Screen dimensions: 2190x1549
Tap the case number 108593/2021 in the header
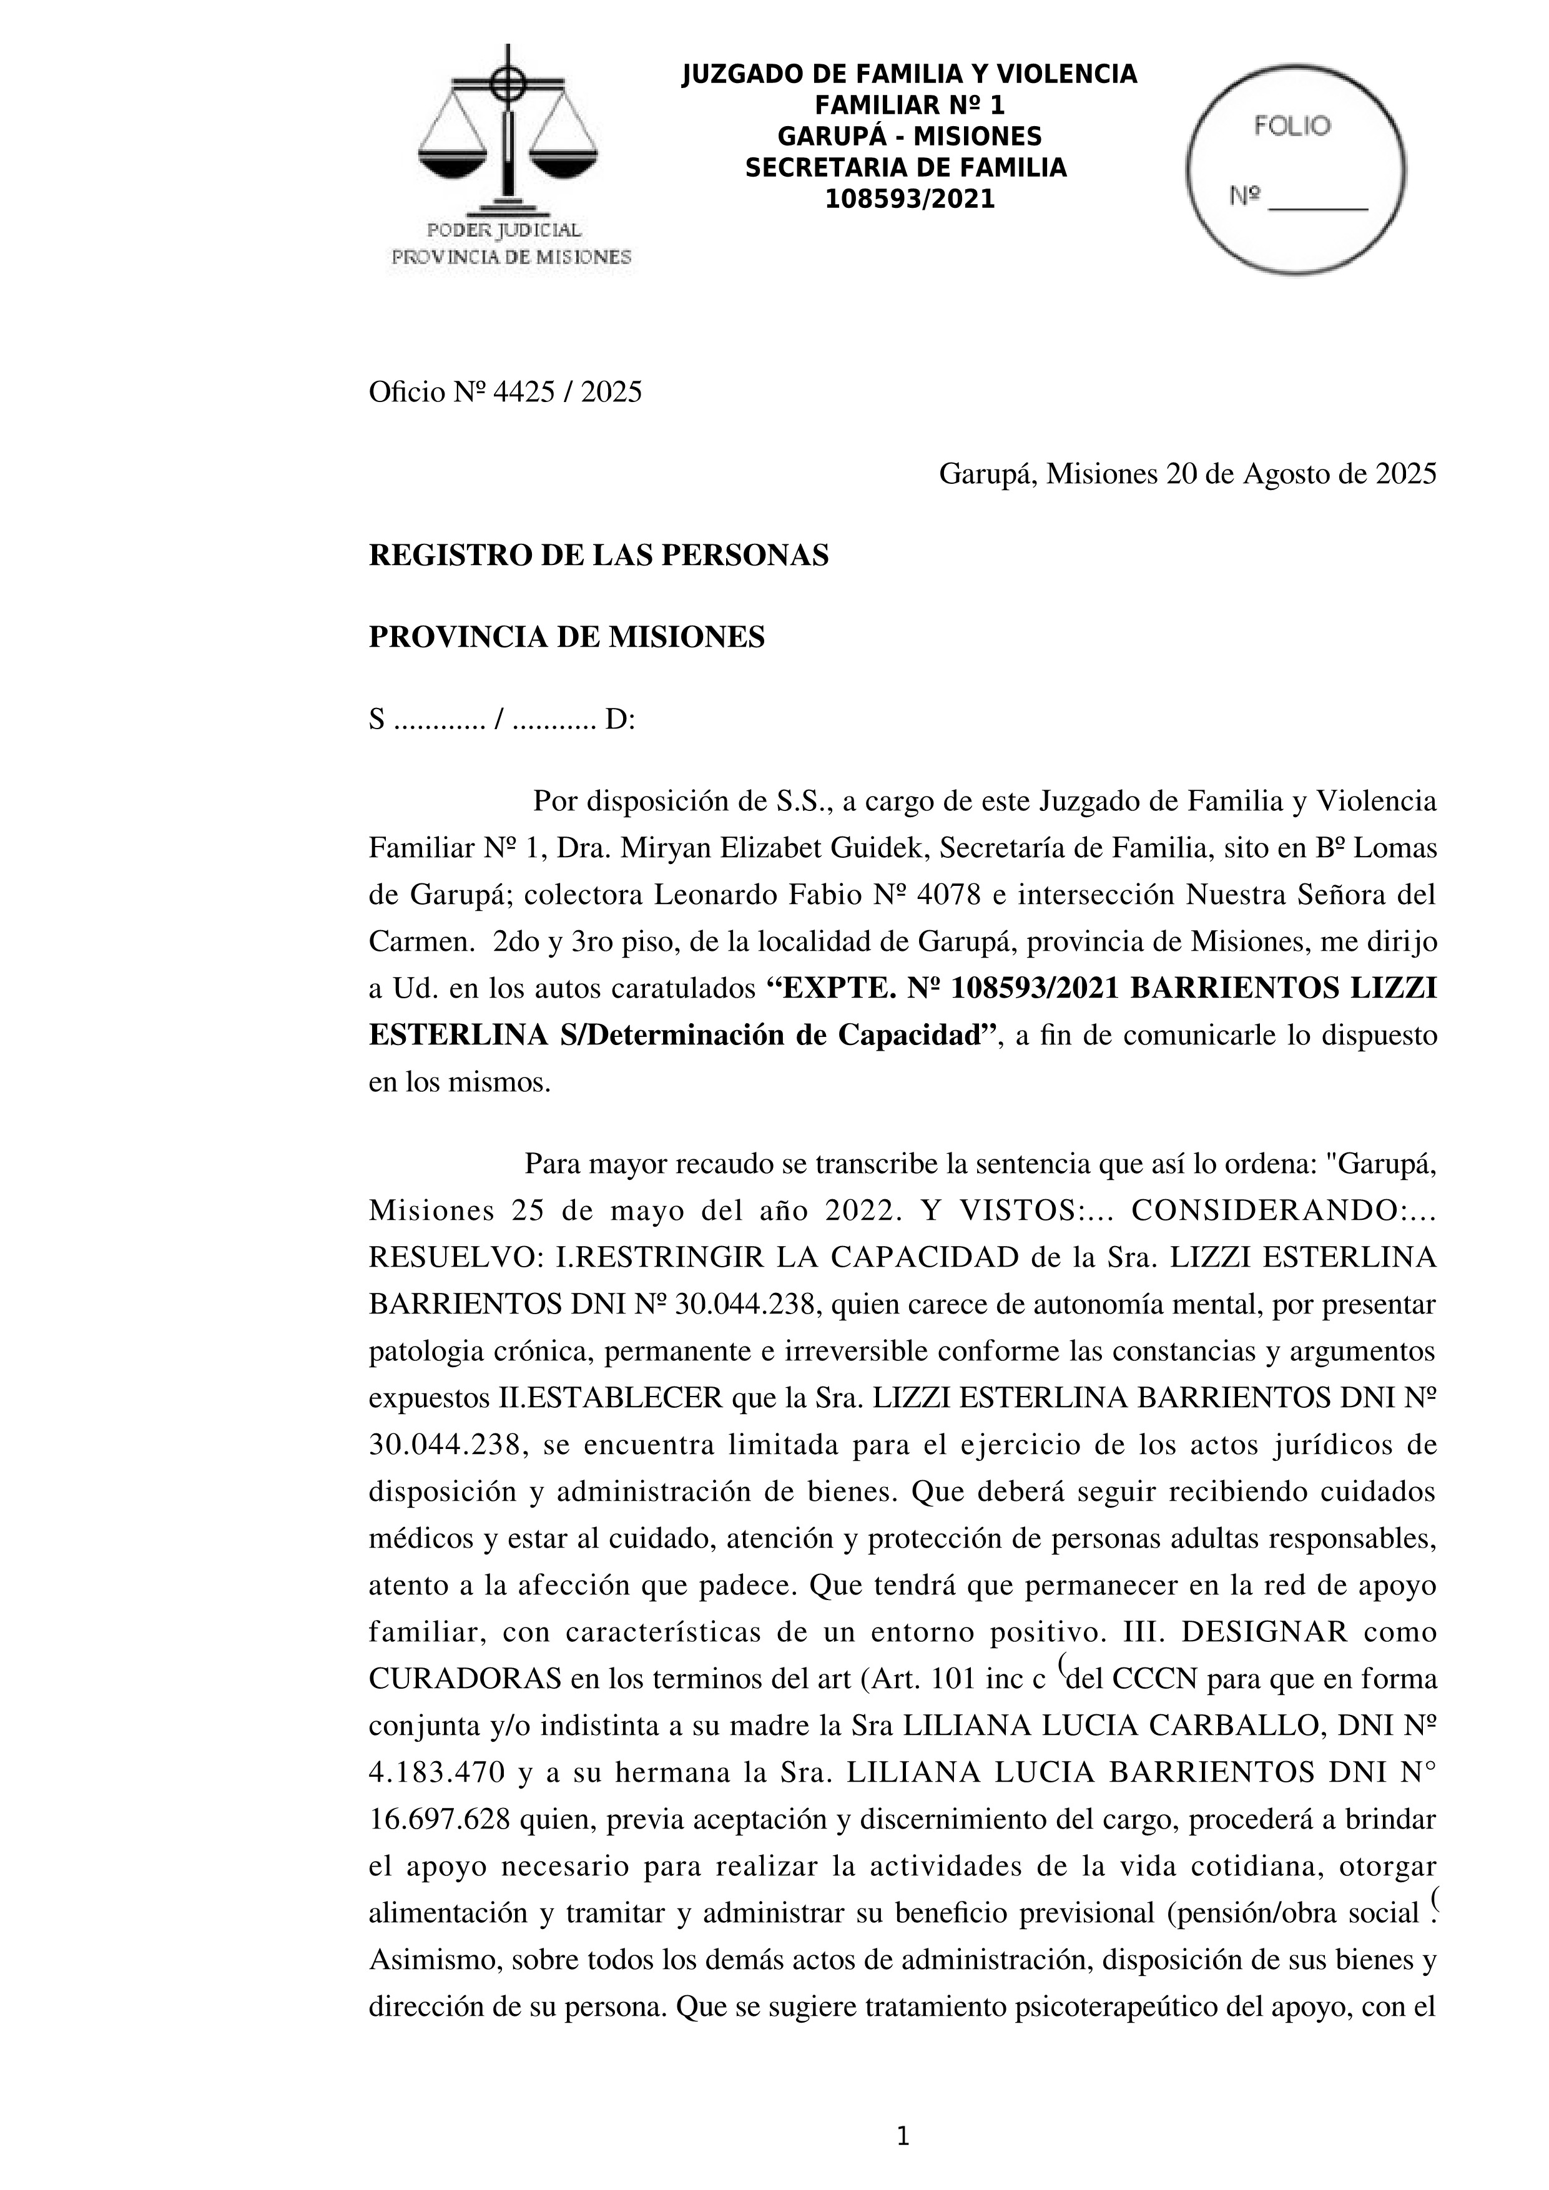(909, 199)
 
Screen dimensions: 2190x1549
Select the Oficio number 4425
(523, 392)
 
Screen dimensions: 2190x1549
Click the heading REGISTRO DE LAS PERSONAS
(598, 555)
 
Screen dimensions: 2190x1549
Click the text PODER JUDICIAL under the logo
(504, 230)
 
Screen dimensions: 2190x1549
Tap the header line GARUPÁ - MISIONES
(909, 136)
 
